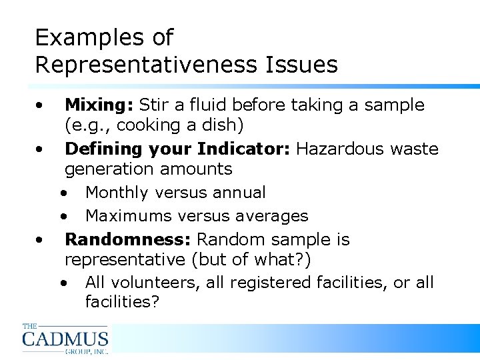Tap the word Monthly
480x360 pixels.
pyautogui.click(x=118, y=193)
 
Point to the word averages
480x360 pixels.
pyautogui.click(x=275, y=216)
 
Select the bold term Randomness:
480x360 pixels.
pyautogui.click(x=128, y=239)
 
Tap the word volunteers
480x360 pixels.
pyautogui.click(x=156, y=283)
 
